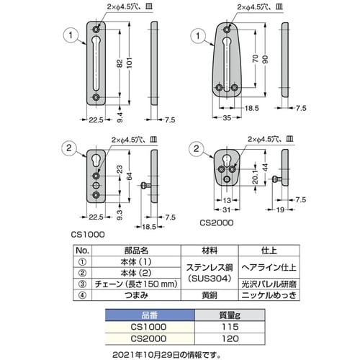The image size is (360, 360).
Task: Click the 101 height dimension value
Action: (130, 63)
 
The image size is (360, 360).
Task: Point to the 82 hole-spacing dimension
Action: (120, 63)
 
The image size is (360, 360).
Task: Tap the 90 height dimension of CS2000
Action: (265, 60)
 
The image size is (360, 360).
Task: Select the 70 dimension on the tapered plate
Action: (256, 58)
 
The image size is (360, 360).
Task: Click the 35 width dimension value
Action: (227, 117)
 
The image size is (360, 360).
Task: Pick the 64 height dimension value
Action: (130, 176)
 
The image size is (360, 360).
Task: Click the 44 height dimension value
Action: (265, 166)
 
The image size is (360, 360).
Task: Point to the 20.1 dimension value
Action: (256, 176)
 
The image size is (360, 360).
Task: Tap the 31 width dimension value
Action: (226, 210)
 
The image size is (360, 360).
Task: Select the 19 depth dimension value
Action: (280, 210)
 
